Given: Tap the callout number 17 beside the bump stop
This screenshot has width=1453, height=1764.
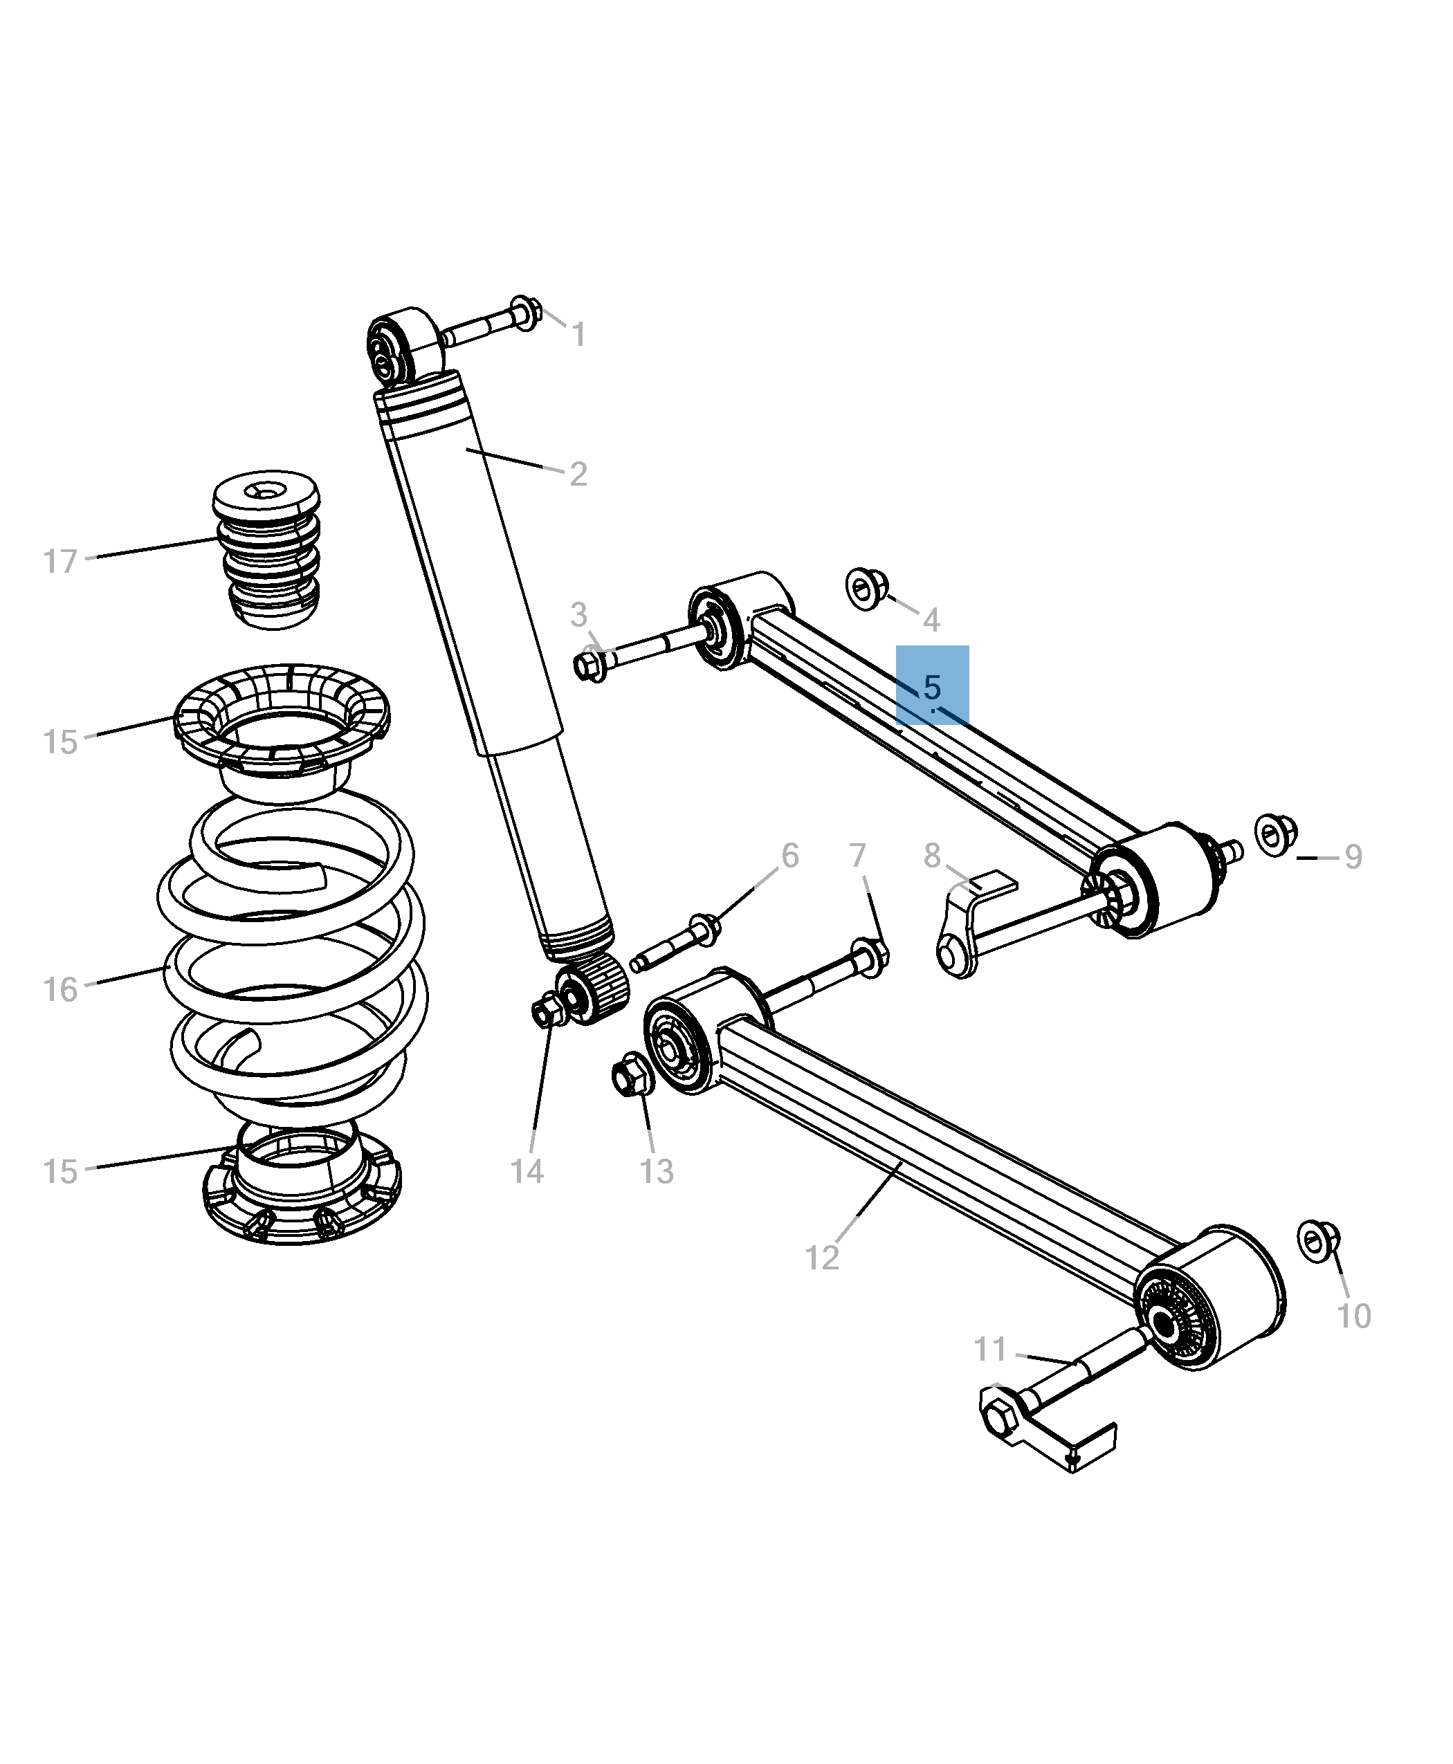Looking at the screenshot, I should pos(60,562).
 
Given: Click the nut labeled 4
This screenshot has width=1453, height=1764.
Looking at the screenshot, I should pos(866,588).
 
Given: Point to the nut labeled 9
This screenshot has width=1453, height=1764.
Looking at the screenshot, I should pos(1276,834).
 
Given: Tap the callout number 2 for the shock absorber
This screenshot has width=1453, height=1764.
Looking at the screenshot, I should pos(578,475).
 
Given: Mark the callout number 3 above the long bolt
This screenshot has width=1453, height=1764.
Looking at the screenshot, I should pos(578,615).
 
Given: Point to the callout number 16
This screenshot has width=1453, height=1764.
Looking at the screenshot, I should pos(60,990).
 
